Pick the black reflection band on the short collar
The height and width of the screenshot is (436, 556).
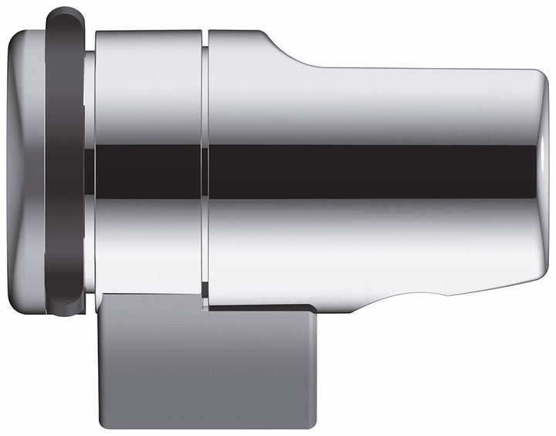click(x=147, y=171)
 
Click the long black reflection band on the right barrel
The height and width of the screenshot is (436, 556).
click(x=371, y=171)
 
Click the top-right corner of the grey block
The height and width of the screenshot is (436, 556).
click(x=314, y=308)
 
